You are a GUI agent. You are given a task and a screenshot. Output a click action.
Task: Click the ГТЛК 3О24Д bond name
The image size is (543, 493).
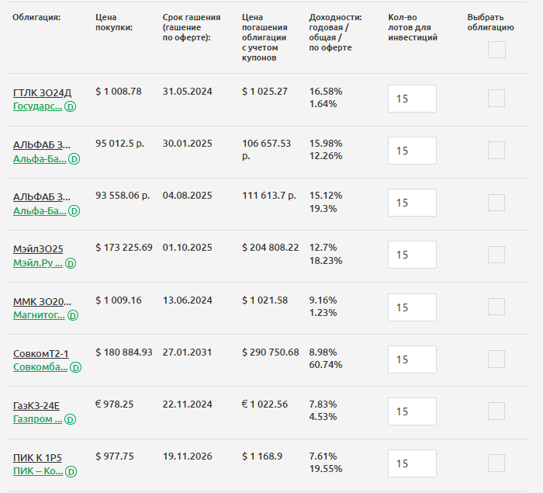click(42, 93)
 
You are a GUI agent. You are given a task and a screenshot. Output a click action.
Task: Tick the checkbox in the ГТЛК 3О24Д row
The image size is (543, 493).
click(496, 99)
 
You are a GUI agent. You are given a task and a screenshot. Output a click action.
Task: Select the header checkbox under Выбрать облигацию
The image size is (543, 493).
click(496, 50)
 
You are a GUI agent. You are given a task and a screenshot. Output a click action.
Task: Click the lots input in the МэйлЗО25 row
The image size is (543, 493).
click(412, 255)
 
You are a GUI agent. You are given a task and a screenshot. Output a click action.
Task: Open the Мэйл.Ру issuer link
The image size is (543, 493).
click(37, 263)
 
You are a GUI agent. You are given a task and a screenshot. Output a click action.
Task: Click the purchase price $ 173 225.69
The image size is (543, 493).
click(124, 248)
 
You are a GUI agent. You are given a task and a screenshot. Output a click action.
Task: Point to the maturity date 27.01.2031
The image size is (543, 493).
click(187, 352)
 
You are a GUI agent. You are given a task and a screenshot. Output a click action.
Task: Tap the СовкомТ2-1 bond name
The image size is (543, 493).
click(41, 354)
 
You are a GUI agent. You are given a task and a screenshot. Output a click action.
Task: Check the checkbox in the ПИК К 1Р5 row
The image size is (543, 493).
click(496, 463)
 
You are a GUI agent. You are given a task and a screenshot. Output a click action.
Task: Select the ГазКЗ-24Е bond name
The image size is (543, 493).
click(36, 406)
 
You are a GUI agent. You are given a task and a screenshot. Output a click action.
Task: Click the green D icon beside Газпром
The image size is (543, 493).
click(71, 419)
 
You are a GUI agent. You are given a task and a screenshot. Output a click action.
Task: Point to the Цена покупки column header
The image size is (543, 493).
click(114, 22)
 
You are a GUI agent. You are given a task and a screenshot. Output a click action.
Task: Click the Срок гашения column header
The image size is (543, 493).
click(192, 22)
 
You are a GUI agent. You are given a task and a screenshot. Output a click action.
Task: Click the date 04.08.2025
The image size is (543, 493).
click(187, 196)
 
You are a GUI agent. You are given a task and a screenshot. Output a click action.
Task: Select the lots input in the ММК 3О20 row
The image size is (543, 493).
click(412, 307)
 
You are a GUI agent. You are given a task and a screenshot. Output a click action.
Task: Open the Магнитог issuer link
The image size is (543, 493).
click(39, 315)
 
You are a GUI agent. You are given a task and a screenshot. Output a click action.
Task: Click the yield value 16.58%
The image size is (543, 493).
click(326, 92)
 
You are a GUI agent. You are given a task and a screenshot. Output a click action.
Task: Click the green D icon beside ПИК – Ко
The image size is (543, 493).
click(71, 471)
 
